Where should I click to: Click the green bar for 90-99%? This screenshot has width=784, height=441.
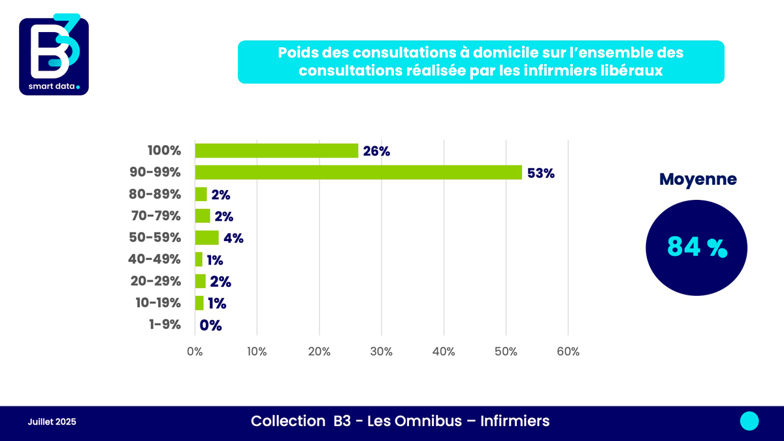tap(359, 172)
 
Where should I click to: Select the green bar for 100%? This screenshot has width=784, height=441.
tap(276, 150)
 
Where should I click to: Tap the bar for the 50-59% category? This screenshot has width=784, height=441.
tap(206, 237)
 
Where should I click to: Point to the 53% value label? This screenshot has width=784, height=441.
tap(542, 173)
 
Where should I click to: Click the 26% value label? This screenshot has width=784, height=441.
tap(377, 151)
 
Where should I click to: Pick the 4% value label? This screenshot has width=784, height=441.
tap(233, 238)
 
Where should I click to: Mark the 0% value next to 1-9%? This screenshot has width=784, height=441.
tap(211, 325)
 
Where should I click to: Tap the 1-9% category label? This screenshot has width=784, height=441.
tap(165, 325)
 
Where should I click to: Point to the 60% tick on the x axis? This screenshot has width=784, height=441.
tap(568, 351)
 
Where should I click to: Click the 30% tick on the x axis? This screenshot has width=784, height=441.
tap(381, 351)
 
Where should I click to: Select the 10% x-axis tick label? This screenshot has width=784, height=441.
tap(257, 351)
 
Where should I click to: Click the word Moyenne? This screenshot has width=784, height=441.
tap(698, 179)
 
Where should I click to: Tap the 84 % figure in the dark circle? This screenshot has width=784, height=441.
tap(696, 247)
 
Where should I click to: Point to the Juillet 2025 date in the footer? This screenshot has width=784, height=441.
tap(52, 422)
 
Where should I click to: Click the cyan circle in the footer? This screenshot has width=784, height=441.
tap(749, 421)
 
